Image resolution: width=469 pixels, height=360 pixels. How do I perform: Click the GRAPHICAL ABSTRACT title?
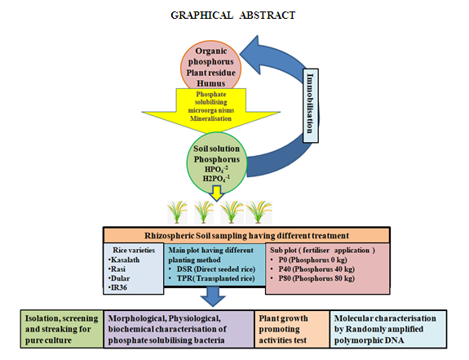(233, 16)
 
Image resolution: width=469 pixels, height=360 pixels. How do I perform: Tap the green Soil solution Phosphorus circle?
(216, 163)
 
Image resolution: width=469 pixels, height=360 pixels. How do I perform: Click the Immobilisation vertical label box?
(311, 105)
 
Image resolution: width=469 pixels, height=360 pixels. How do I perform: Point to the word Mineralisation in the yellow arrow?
(210, 118)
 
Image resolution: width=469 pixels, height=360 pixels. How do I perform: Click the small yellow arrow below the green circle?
(216, 193)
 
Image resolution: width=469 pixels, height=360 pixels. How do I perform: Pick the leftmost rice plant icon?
(177, 212)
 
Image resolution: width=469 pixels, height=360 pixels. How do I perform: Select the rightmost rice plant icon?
(259, 212)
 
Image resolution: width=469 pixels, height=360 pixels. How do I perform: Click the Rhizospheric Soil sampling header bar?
(246, 235)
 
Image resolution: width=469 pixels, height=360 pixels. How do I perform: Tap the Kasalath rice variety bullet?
(124, 260)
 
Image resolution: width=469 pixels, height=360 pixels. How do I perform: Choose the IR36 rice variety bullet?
(117, 287)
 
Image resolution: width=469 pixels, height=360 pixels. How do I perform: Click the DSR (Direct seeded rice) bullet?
(212, 269)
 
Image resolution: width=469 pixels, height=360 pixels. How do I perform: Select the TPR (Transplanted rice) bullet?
(211, 278)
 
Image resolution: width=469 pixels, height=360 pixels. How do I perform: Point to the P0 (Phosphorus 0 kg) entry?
(308, 260)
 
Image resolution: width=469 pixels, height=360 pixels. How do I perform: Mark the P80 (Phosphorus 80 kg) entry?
(312, 278)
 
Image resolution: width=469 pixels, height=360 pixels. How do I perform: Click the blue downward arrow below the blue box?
(213, 296)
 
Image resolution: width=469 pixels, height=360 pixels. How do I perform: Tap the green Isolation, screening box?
(62, 329)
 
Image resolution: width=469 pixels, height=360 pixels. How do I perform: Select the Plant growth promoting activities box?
(292, 329)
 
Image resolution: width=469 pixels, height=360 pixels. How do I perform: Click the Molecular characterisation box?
(388, 329)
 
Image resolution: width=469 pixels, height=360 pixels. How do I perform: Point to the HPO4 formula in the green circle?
(216, 169)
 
